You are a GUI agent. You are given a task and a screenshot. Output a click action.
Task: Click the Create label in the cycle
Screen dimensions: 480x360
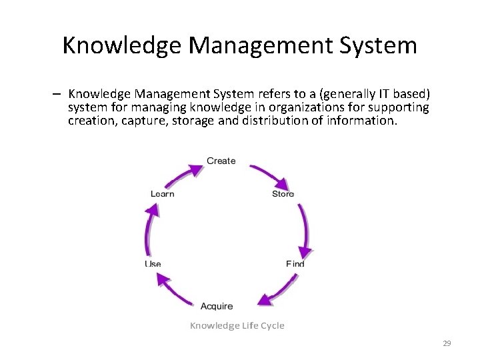221,161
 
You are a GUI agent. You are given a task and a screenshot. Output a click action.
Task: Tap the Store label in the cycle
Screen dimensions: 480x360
283,194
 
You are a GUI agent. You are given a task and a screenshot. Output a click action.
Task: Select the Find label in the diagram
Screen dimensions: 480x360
295,264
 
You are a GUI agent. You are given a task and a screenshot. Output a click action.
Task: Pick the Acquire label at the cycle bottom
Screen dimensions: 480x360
217,306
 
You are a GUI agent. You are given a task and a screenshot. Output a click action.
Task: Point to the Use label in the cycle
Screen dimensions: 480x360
153,264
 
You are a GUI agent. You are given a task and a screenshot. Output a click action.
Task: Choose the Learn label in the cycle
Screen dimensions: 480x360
162,194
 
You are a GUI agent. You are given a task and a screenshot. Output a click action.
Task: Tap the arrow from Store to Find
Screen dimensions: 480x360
304,230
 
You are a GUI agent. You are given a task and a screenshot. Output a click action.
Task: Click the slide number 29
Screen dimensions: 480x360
447,343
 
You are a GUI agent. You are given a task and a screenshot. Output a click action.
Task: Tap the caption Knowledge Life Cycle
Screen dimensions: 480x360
237,325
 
